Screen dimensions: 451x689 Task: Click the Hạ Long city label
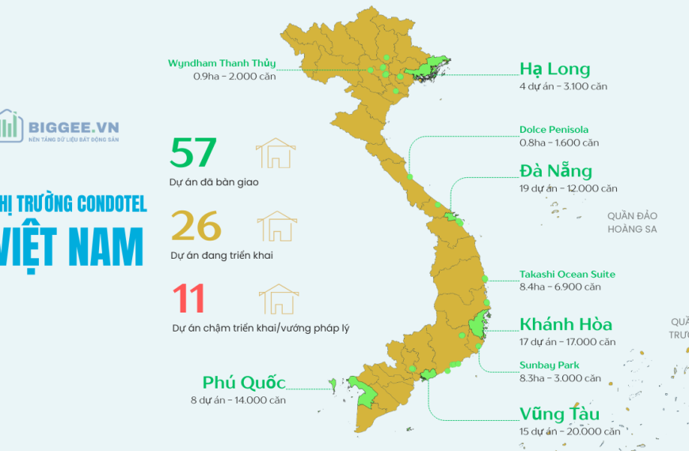tap(554, 69)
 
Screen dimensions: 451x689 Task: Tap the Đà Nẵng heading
tap(556, 172)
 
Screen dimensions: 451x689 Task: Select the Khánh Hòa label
tap(565, 324)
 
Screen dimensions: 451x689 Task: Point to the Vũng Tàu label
tap(560, 415)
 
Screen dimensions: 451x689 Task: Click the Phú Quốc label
tap(244, 383)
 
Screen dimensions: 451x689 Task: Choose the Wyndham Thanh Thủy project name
tap(222, 63)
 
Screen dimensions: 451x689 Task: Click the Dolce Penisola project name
tap(554, 130)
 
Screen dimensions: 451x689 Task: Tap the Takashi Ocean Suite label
tap(567, 275)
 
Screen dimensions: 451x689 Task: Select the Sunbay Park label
tap(549, 366)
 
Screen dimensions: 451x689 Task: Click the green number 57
tap(192, 153)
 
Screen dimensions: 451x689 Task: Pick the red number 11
tap(188, 299)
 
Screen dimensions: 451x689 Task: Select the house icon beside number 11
tap(279, 299)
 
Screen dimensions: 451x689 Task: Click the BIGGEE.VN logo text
tap(73, 125)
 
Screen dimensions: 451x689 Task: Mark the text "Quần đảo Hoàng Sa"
tap(633, 222)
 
